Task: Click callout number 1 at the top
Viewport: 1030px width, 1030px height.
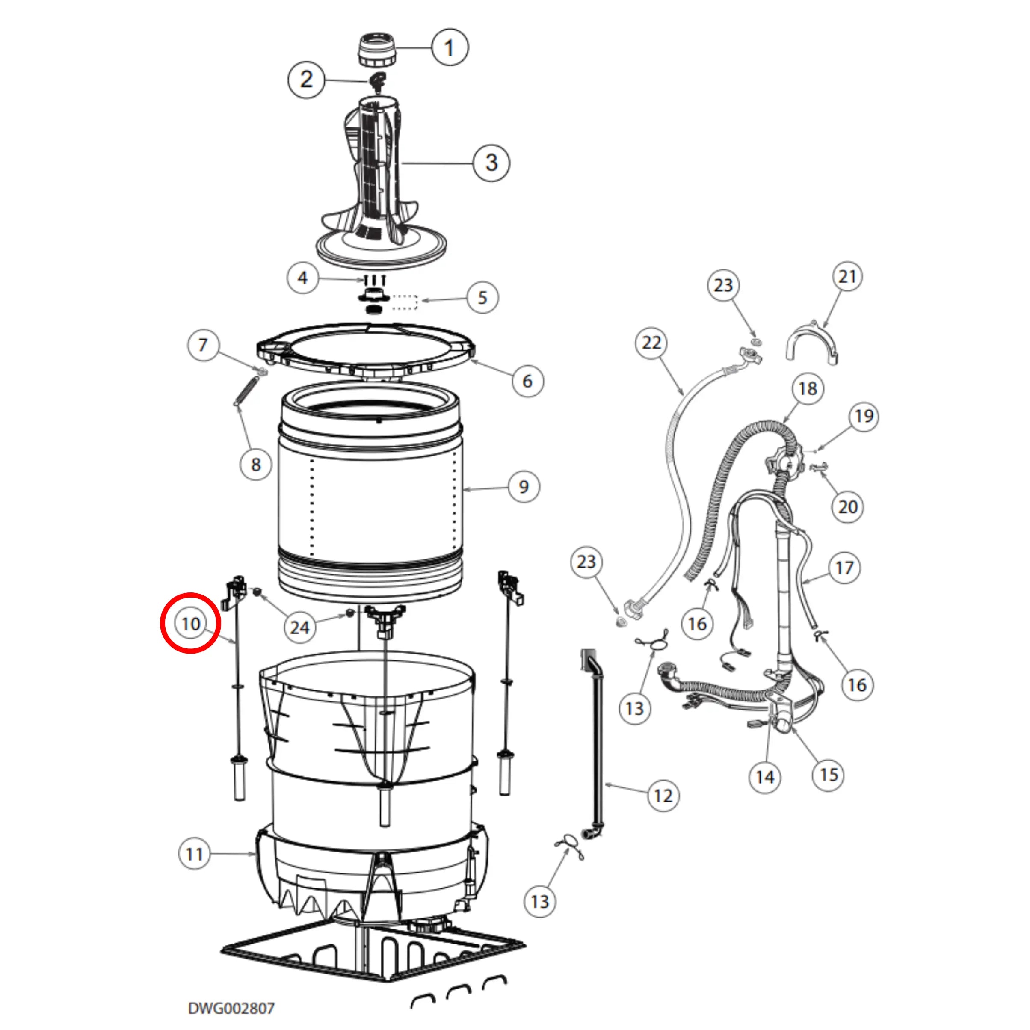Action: click(450, 47)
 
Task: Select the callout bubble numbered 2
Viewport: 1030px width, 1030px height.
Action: click(306, 80)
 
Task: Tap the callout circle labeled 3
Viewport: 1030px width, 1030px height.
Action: click(491, 163)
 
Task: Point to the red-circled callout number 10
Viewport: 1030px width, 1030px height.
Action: click(191, 623)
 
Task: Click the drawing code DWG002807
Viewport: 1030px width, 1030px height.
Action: click(231, 1009)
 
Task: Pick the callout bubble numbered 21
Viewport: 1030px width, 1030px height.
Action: click(847, 277)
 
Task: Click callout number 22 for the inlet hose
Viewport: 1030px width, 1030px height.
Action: click(651, 342)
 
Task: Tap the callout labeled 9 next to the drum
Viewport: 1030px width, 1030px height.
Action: click(524, 487)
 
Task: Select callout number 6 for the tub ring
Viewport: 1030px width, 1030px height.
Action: click(527, 381)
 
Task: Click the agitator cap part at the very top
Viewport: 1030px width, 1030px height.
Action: click(377, 50)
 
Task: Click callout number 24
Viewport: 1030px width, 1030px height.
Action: click(299, 627)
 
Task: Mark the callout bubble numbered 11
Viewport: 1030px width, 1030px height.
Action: click(194, 855)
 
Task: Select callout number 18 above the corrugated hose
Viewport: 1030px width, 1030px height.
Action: click(808, 389)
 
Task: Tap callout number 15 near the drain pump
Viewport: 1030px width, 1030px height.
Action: click(829, 775)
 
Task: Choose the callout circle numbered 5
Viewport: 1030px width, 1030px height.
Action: click(482, 297)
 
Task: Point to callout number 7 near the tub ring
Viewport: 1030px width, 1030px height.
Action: click(203, 345)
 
